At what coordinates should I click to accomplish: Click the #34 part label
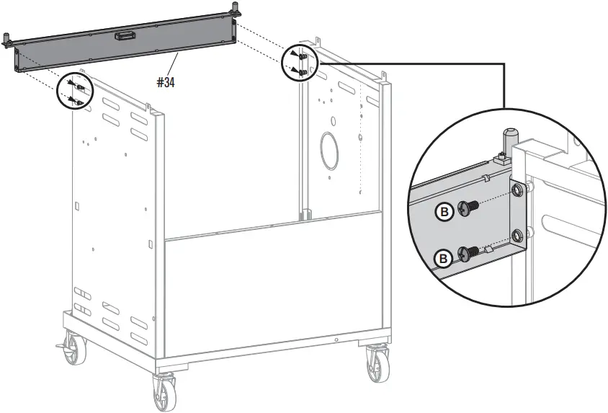(166, 81)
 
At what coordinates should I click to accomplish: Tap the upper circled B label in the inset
(445, 211)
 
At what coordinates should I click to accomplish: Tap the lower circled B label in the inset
(445, 257)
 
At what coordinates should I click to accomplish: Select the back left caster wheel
(73, 350)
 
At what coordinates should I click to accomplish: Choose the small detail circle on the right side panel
(302, 61)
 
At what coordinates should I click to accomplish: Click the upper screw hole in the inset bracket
(517, 190)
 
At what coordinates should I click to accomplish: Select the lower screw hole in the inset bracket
(517, 235)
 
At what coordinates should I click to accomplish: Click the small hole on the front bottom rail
(336, 339)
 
